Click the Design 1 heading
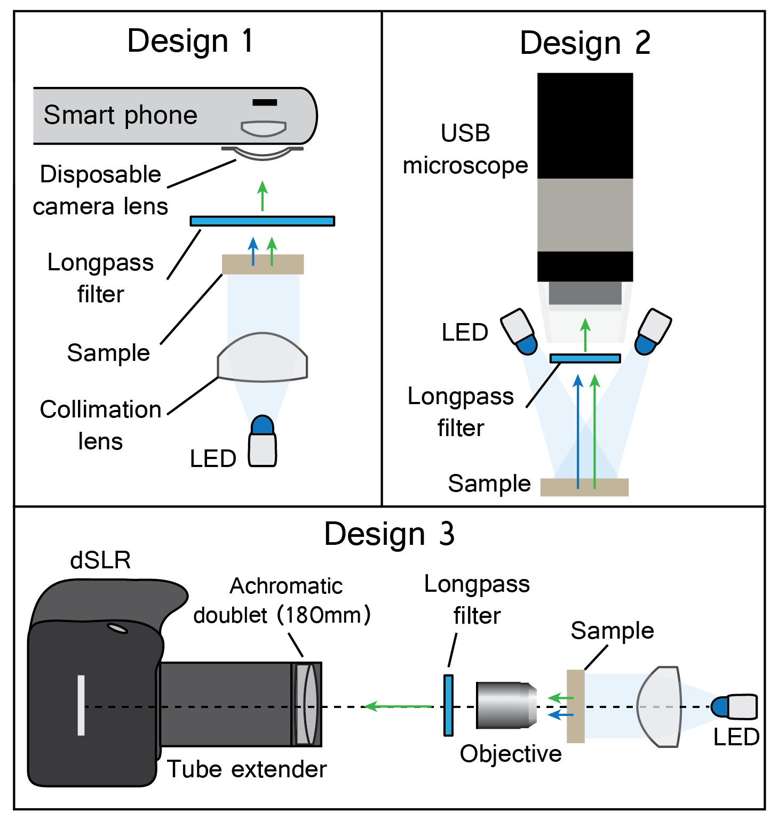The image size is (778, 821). (x=189, y=41)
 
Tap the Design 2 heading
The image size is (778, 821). (x=585, y=43)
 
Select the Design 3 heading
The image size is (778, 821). (x=389, y=534)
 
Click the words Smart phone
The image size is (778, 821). (x=121, y=115)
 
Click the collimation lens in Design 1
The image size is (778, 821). (x=262, y=359)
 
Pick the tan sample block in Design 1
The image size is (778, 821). (x=263, y=264)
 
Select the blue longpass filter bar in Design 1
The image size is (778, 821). (x=262, y=221)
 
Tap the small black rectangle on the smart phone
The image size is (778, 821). (x=265, y=102)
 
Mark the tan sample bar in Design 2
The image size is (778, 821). (x=584, y=487)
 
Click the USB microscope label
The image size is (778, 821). (x=465, y=149)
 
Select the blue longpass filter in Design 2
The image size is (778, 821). (x=585, y=358)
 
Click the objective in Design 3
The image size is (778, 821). (x=506, y=705)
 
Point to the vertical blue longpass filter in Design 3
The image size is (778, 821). (x=448, y=705)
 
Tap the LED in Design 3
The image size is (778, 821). (x=735, y=707)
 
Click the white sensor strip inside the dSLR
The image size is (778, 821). (x=81, y=705)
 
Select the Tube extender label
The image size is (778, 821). (x=247, y=769)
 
